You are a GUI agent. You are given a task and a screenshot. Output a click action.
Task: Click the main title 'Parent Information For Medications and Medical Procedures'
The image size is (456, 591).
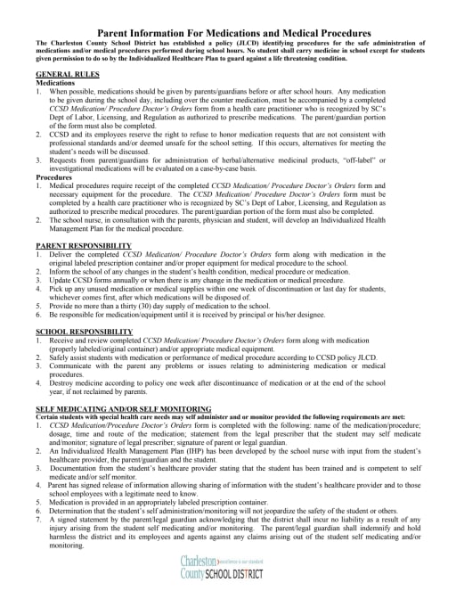point(228,32)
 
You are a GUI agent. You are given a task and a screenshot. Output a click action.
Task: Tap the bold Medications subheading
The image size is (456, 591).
point(55,82)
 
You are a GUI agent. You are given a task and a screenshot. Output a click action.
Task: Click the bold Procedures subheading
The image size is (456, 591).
point(53,176)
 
